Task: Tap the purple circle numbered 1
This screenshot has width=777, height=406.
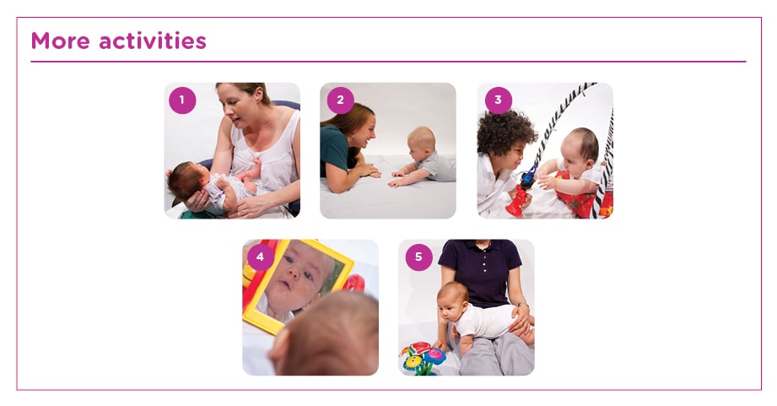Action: [182, 100]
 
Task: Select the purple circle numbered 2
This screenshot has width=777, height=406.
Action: [340, 100]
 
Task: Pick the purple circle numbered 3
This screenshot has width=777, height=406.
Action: [498, 100]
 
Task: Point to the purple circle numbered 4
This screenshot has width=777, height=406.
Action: [261, 257]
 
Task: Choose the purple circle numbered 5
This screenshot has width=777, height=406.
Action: [418, 257]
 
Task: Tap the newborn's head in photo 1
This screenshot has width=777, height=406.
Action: [184, 179]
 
